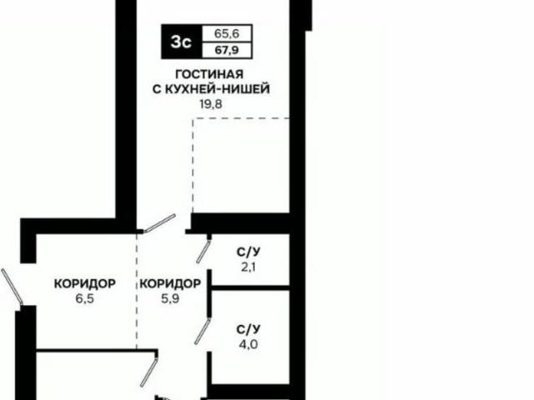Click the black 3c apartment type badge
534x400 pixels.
tap(179, 42)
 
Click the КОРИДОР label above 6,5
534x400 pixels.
tap(84, 282)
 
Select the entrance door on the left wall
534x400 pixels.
tap(13, 287)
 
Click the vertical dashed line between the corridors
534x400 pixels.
tap(137, 292)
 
